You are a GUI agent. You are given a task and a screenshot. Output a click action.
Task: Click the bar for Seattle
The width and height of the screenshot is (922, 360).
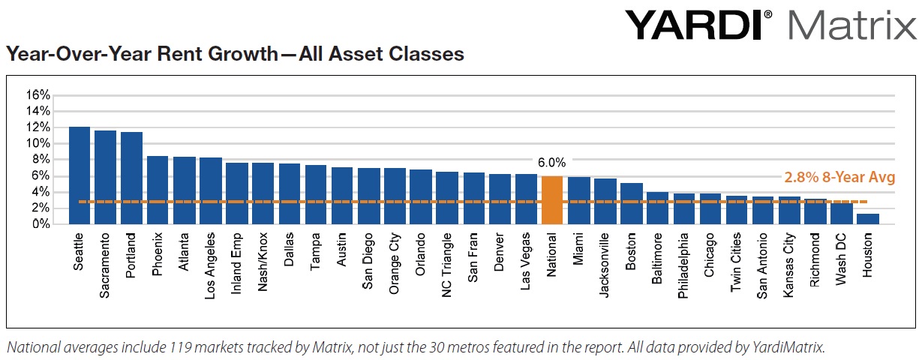coord(80,175)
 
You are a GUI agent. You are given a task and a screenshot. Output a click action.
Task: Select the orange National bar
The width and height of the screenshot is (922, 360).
coord(551,200)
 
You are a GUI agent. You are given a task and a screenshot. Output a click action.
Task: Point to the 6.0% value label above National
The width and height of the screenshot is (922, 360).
coord(551,162)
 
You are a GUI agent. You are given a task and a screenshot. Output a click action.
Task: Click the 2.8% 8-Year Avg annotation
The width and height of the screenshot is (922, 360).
coord(839,178)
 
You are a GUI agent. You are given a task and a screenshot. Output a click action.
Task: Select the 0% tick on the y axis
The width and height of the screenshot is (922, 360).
coord(41,224)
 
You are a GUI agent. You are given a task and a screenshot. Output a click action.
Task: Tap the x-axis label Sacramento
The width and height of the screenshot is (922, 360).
coord(107,267)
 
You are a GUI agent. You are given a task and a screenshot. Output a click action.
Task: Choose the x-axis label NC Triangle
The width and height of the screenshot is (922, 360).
coord(448,268)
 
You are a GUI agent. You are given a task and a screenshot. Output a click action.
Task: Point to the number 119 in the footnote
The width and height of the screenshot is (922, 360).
coord(177,347)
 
